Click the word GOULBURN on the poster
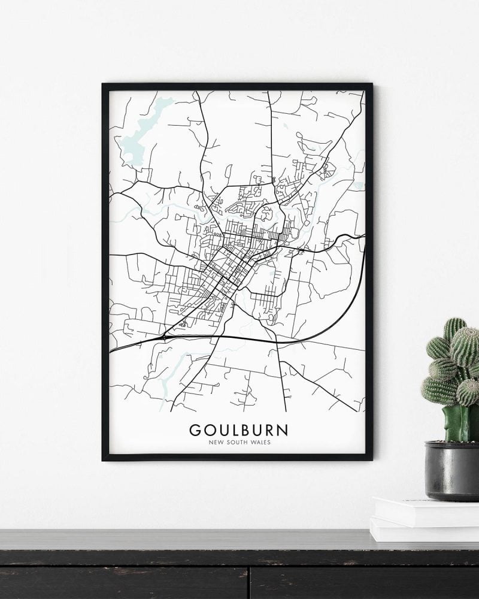(238, 430)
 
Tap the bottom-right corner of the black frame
(371, 459)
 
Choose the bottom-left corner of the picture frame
(104, 459)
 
